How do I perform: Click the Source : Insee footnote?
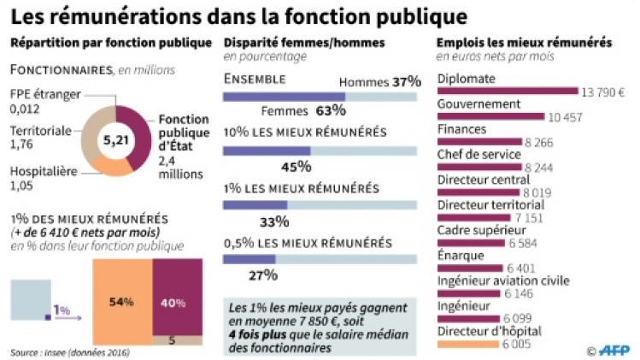65,351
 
